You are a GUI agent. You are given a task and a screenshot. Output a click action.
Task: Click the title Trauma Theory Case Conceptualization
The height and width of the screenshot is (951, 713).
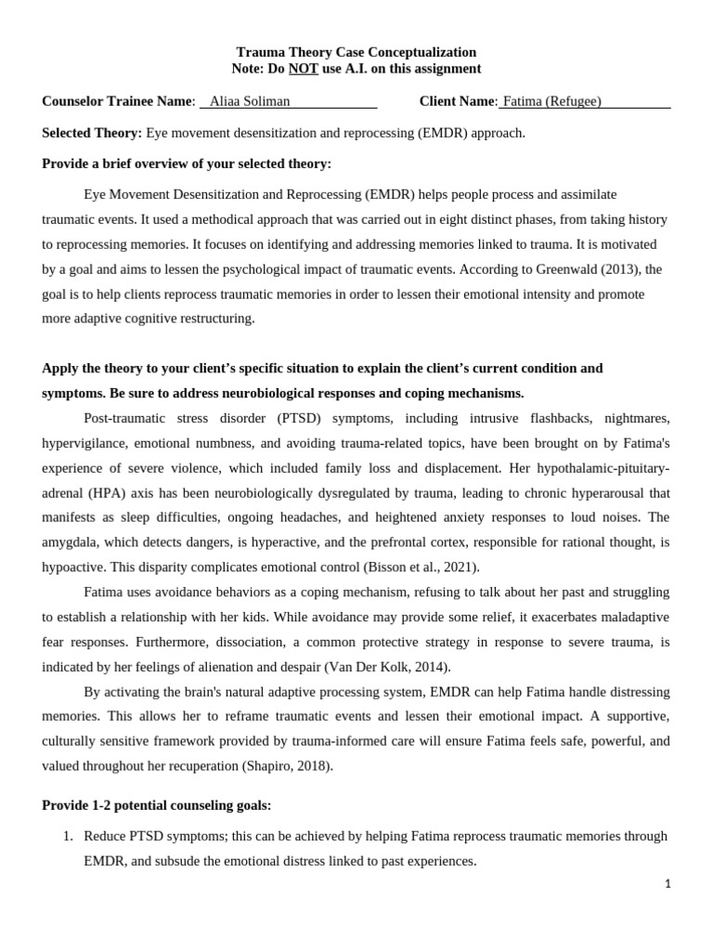pyautogui.click(x=356, y=52)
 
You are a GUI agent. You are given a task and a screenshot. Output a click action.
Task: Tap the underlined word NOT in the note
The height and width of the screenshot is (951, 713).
pyautogui.click(x=302, y=69)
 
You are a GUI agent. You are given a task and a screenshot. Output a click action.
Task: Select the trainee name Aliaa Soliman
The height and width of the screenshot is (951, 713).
pyautogui.click(x=251, y=101)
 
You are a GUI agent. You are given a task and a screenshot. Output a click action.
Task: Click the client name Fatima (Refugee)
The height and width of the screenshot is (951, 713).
pyautogui.click(x=551, y=101)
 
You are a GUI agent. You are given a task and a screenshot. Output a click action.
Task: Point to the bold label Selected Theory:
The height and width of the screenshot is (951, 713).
pyautogui.click(x=92, y=133)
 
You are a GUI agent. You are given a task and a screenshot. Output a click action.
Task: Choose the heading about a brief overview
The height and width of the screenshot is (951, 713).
pyautogui.click(x=187, y=164)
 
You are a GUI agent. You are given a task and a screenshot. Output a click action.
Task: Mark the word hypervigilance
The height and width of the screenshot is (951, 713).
pyautogui.click(x=84, y=442)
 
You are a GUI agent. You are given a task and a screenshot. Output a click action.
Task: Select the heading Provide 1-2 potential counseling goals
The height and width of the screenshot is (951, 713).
pyautogui.click(x=157, y=804)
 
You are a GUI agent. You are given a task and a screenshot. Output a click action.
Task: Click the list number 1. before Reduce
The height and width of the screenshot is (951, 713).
pyautogui.click(x=68, y=836)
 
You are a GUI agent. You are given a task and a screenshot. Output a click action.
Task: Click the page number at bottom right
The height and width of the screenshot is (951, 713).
pyautogui.click(x=667, y=884)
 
